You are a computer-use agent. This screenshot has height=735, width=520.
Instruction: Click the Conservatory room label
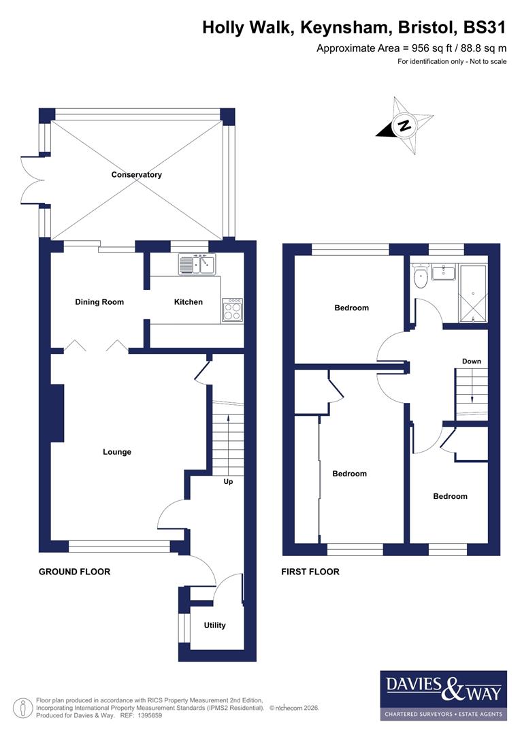tap(137, 175)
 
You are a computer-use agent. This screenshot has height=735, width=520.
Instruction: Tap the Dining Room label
tap(99, 301)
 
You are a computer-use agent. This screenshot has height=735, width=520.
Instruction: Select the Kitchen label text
tap(189, 301)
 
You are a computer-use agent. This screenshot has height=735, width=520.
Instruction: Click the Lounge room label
tap(117, 452)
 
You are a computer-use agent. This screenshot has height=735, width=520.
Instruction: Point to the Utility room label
tap(214, 625)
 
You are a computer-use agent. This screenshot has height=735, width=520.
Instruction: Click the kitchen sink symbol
tap(197, 263)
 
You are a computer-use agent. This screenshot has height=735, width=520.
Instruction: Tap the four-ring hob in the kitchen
tap(231, 310)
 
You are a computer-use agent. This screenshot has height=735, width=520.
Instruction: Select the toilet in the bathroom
tap(421, 275)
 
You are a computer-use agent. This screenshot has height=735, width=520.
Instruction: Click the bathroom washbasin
tap(444, 272)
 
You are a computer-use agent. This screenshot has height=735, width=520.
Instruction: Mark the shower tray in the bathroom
tap(474, 293)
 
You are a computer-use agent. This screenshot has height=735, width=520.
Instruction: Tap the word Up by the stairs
tap(229, 482)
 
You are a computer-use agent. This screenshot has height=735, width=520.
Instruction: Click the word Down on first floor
tap(472, 361)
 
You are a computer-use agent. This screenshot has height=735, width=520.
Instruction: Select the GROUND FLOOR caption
tap(74, 572)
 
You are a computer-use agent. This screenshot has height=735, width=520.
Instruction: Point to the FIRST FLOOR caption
tap(310, 572)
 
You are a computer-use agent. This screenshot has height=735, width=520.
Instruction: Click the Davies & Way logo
tap(443, 695)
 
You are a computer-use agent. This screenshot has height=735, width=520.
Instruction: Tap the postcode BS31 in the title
tap(485, 28)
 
